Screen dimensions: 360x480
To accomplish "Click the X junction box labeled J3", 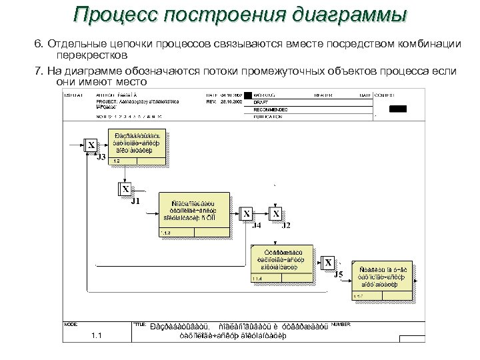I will (x=90, y=146).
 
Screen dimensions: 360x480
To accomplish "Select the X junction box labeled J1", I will (x=125, y=189).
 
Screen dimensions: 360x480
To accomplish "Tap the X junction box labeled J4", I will (x=247, y=214).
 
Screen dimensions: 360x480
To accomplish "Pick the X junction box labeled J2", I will (x=276, y=214).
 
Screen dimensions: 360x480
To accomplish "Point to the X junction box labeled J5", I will (x=328, y=263).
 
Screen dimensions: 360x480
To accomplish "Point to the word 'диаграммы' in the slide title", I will (x=353, y=15).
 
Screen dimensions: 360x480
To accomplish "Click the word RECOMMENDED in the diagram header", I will (x=270, y=109).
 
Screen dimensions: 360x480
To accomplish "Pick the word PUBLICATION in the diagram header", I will (x=268, y=116).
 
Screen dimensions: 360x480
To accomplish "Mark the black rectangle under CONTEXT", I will (x=398, y=109).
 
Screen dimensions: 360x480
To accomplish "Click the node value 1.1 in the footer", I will (x=97, y=336).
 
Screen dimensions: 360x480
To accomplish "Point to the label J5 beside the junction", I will (x=338, y=275).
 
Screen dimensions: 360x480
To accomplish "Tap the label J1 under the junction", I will (x=135, y=201).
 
